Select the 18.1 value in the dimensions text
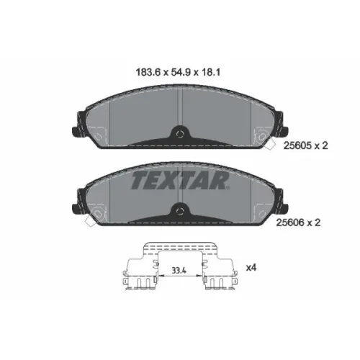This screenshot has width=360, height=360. [210, 72]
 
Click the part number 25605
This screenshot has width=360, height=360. [297, 145]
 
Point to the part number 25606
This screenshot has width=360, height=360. [290, 222]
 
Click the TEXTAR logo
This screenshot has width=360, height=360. [180, 181]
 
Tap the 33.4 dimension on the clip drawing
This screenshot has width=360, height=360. [179, 271]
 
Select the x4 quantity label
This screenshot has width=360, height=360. [251, 267]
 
